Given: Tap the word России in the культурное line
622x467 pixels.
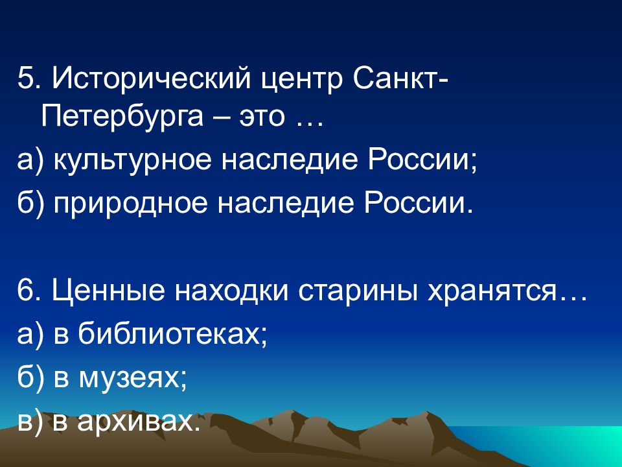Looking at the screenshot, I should [420, 160].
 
